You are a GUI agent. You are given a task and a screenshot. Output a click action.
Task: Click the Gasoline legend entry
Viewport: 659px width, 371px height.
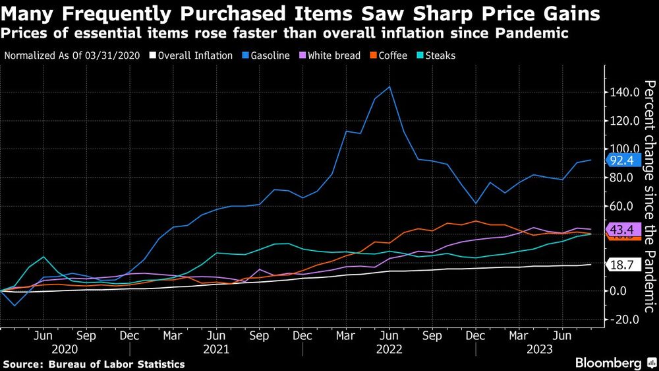tap(266, 55)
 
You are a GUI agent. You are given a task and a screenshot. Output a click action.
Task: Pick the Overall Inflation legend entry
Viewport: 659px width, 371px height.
tap(191, 55)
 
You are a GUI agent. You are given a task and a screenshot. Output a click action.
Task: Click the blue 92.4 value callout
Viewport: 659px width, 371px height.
tap(621, 160)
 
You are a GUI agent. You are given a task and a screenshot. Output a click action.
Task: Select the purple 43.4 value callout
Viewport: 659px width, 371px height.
tap(621, 229)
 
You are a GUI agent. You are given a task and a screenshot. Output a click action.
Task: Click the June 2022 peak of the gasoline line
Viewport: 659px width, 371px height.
tap(389, 86)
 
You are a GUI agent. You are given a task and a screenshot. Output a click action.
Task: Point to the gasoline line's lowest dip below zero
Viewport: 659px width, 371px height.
tap(14, 306)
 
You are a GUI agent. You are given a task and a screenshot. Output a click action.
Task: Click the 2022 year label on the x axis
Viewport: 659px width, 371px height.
tap(389, 349)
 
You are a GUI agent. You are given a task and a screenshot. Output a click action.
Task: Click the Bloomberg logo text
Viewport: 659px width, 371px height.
tap(608, 362)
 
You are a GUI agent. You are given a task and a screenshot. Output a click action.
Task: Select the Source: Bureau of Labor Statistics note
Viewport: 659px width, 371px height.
tap(94, 364)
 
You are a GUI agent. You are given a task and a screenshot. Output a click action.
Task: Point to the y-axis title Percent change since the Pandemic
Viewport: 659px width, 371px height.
tap(649, 196)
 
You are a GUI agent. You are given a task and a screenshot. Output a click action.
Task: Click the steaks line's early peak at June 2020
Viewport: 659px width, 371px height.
tap(43, 257)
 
